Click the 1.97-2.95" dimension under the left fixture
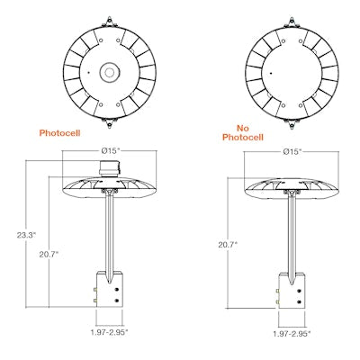tap(113, 331)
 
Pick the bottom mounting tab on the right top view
tap(292, 121)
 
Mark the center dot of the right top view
tap(267, 71)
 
